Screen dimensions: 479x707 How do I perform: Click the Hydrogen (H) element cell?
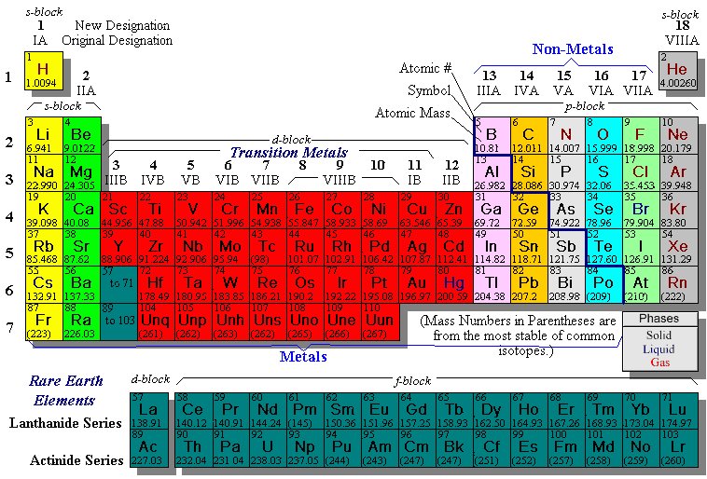[44, 71]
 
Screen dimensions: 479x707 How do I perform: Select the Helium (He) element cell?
[678, 71]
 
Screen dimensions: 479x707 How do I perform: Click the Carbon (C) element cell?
[528, 135]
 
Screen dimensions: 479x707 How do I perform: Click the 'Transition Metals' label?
[288, 153]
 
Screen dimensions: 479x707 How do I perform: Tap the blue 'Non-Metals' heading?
[573, 48]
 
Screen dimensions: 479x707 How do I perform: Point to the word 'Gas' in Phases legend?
[659, 362]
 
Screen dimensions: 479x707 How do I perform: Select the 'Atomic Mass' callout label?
[412, 113]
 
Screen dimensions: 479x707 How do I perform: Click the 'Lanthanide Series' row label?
[65, 423]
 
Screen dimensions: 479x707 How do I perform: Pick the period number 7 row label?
[9, 328]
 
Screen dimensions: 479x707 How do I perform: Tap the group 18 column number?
[682, 25]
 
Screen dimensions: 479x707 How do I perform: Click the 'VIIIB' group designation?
[339, 179]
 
